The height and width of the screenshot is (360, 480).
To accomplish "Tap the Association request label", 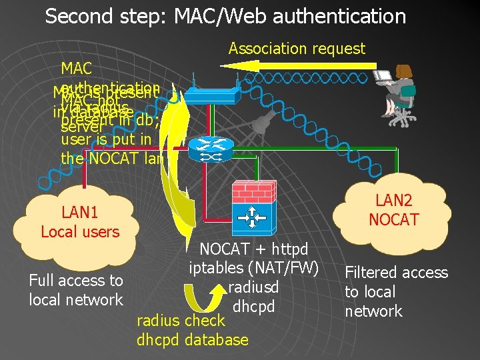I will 297,49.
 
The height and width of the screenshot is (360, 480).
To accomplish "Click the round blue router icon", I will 209,150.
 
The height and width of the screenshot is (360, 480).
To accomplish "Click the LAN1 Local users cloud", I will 80,223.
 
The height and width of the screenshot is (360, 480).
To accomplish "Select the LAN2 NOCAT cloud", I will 393,209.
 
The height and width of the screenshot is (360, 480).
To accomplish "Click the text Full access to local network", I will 76,290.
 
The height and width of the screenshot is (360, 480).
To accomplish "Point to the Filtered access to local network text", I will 396,291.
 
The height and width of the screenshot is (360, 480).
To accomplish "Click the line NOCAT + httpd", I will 254,249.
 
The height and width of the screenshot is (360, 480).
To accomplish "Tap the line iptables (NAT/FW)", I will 255,269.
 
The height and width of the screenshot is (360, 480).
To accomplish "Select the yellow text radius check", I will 181,321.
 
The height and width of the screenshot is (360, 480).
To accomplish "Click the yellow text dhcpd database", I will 192,339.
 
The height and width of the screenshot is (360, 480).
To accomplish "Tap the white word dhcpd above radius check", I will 253,307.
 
